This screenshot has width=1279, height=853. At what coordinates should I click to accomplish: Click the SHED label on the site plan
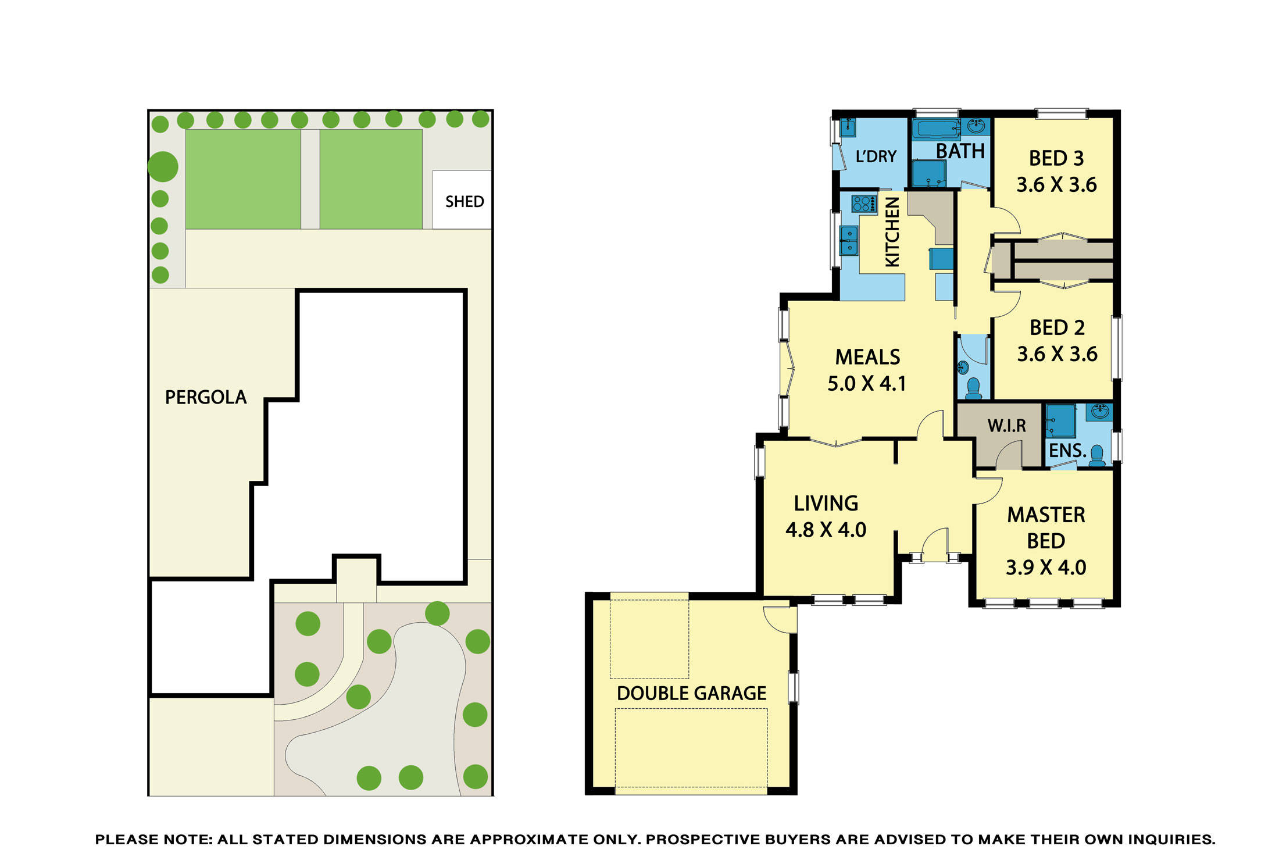(x=464, y=202)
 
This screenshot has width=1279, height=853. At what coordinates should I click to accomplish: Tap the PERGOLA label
(x=206, y=397)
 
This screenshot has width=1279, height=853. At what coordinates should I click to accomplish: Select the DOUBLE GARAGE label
(x=691, y=693)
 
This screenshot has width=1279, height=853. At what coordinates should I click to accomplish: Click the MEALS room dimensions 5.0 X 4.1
(x=866, y=384)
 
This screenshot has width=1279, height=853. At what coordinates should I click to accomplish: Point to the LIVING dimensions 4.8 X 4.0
(x=826, y=530)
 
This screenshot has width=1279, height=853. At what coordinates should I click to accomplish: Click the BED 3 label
(x=1056, y=158)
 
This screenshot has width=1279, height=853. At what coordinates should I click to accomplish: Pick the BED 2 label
(x=1056, y=327)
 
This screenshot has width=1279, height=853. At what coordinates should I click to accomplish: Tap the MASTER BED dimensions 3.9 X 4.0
(x=1045, y=568)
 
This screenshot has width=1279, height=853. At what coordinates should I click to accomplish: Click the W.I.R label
(x=1006, y=426)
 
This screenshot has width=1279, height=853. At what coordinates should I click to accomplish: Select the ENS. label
(x=1067, y=451)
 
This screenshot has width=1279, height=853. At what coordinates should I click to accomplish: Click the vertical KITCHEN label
(x=892, y=231)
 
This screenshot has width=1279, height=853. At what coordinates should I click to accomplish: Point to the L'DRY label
(x=876, y=156)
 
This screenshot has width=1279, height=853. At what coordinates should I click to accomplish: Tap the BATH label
(x=960, y=151)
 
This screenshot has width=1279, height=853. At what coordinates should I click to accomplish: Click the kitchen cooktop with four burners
(x=864, y=204)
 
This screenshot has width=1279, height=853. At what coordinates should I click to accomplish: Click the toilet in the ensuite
(x=1096, y=455)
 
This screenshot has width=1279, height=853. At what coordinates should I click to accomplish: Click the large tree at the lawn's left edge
(x=163, y=167)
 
